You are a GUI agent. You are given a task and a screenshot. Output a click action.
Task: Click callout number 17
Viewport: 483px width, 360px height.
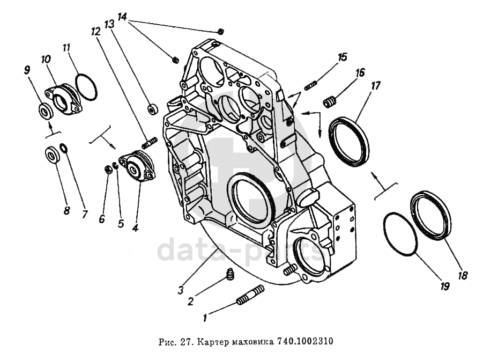(376, 86)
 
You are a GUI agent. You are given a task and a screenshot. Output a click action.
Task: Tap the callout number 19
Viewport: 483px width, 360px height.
(444, 286)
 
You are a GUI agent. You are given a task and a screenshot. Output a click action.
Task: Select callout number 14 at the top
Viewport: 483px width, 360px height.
(122, 17)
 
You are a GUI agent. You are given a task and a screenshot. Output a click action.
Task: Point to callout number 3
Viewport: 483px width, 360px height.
(181, 290)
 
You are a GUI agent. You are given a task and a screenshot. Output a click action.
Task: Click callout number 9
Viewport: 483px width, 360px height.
(27, 70)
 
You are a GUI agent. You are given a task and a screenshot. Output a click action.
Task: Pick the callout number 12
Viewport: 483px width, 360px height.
(95, 31)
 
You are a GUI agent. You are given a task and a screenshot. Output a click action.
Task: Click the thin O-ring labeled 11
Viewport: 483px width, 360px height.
(86, 87)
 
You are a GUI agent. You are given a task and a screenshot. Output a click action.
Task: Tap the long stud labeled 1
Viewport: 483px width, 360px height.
(251, 296)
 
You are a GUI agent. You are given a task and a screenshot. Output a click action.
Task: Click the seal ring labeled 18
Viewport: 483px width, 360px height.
(431, 215)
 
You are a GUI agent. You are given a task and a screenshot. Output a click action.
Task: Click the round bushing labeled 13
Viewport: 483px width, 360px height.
(152, 109)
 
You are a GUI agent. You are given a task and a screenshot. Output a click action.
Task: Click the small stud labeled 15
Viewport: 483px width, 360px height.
(310, 85)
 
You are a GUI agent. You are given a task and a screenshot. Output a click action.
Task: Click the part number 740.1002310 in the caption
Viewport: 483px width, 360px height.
(305, 341)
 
